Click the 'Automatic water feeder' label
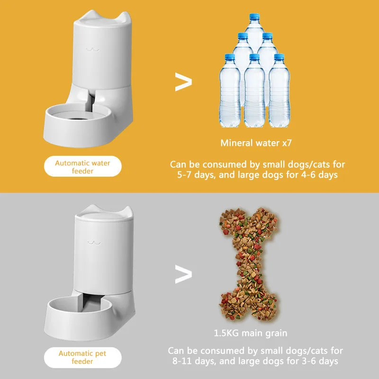tap(82, 167)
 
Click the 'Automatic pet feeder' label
tap(82, 357)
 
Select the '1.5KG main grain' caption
tap(250, 333)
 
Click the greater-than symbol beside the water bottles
tap(183, 81)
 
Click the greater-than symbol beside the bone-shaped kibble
tap(183, 274)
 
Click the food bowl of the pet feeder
tap(71, 309)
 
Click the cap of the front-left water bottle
tap(229, 57)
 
